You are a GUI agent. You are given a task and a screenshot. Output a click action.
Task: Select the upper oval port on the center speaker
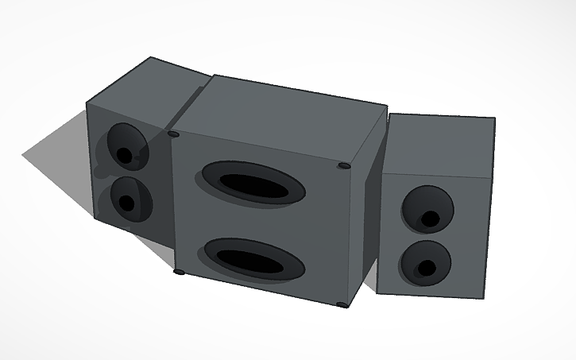tap(254, 183)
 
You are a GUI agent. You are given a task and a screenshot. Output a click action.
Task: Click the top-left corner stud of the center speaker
tap(174, 135)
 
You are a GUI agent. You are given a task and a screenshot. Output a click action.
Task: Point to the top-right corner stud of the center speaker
tap(343, 166)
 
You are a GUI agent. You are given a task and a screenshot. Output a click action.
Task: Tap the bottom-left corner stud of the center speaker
tap(178, 273)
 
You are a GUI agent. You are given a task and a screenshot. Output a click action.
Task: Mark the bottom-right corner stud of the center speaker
tap(342, 304)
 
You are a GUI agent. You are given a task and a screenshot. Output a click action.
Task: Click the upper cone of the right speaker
tap(427, 208)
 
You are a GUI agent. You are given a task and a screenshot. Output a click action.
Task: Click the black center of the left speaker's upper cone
tap(124, 155)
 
